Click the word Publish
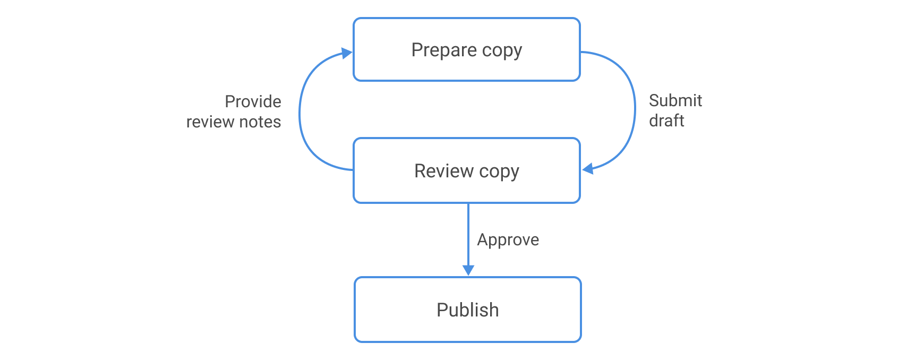(467, 310)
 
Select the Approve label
(508, 240)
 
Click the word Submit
(675, 100)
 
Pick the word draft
(666, 121)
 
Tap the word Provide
(253, 101)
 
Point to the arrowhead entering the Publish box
(468, 270)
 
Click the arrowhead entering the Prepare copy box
(347, 53)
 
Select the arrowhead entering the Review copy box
(587, 169)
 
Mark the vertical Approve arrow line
(468, 234)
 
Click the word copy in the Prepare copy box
(502, 50)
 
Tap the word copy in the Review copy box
(499, 171)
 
